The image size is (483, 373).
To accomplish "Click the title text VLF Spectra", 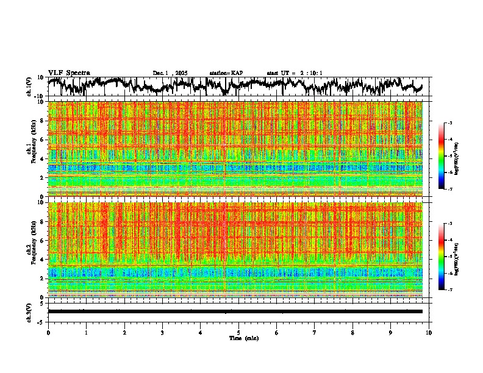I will (x=69, y=73).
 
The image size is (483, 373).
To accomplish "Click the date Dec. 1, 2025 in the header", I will (x=170, y=73).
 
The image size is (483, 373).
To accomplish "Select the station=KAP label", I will (x=226, y=73).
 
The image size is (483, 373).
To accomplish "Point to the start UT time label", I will (x=295, y=73).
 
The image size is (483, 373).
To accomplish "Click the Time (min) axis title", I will (x=244, y=338).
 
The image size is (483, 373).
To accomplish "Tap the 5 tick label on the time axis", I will (x=238, y=332).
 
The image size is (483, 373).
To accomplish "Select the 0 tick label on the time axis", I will (x=48, y=332).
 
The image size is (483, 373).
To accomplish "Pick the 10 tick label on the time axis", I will (x=429, y=332).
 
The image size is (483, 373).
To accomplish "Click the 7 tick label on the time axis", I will (x=315, y=332).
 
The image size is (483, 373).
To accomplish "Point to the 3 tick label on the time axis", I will (x=162, y=332).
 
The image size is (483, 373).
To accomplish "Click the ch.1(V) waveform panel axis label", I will (x=29, y=87).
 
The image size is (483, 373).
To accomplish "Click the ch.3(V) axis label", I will (x=29, y=311).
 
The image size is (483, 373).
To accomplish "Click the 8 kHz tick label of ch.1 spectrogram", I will (x=43, y=121).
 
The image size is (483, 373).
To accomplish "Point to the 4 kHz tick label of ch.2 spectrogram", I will (x=43, y=260).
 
